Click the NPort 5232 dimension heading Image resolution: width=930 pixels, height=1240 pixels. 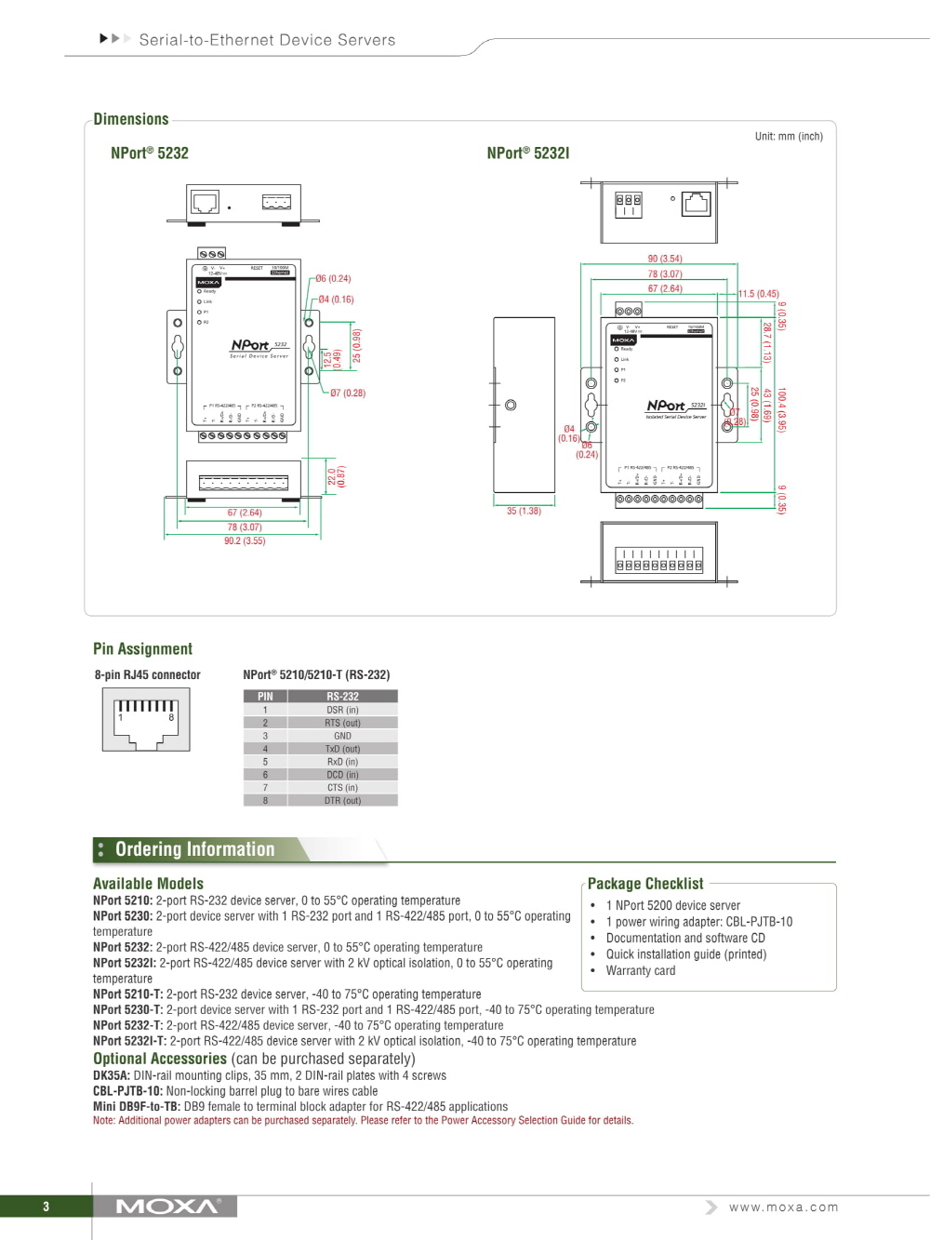(150, 153)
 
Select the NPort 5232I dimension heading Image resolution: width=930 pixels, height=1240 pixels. (527, 153)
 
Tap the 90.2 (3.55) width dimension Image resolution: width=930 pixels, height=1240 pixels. (245, 541)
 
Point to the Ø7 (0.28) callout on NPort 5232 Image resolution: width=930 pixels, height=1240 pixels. (348, 393)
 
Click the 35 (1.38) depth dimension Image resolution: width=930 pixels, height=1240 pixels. (524, 512)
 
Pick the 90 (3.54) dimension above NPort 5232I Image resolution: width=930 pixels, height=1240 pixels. (665, 259)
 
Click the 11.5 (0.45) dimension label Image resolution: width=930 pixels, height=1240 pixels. (759, 294)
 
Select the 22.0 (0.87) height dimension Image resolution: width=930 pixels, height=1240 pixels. (337, 477)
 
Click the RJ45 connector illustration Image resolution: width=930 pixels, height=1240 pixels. (146, 720)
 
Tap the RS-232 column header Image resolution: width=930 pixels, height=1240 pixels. (342, 697)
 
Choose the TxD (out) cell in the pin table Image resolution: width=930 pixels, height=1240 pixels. (342, 749)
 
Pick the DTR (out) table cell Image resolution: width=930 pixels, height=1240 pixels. (342, 801)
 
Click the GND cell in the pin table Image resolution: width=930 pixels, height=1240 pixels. (342, 736)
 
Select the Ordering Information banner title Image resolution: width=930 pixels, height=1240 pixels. (195, 849)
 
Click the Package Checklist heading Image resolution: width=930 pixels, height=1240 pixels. (645, 884)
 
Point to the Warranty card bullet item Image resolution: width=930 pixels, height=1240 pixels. (641, 971)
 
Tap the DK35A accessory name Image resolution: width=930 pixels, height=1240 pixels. (111, 1076)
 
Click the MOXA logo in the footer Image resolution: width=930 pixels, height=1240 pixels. (167, 1207)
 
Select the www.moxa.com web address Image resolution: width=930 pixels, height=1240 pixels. (783, 1207)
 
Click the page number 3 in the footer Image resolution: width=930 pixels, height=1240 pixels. (46, 1207)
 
